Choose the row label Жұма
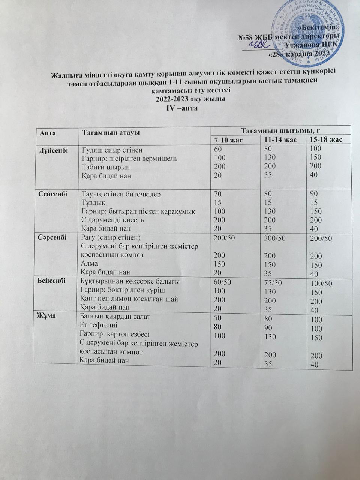tap(47, 316)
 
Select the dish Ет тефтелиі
tap(99, 325)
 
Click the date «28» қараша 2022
tap(300, 54)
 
